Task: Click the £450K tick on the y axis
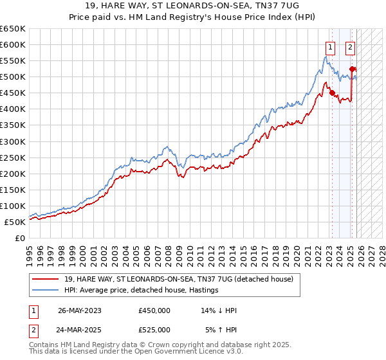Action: [x=13, y=93]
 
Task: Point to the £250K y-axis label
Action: [x=13, y=157]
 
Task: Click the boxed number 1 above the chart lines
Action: [x=330, y=46]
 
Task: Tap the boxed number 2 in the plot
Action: [x=351, y=46]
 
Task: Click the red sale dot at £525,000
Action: [x=352, y=69]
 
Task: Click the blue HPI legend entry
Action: [x=141, y=291]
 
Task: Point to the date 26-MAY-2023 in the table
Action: [x=80, y=310]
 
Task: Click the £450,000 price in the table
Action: [x=154, y=310]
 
